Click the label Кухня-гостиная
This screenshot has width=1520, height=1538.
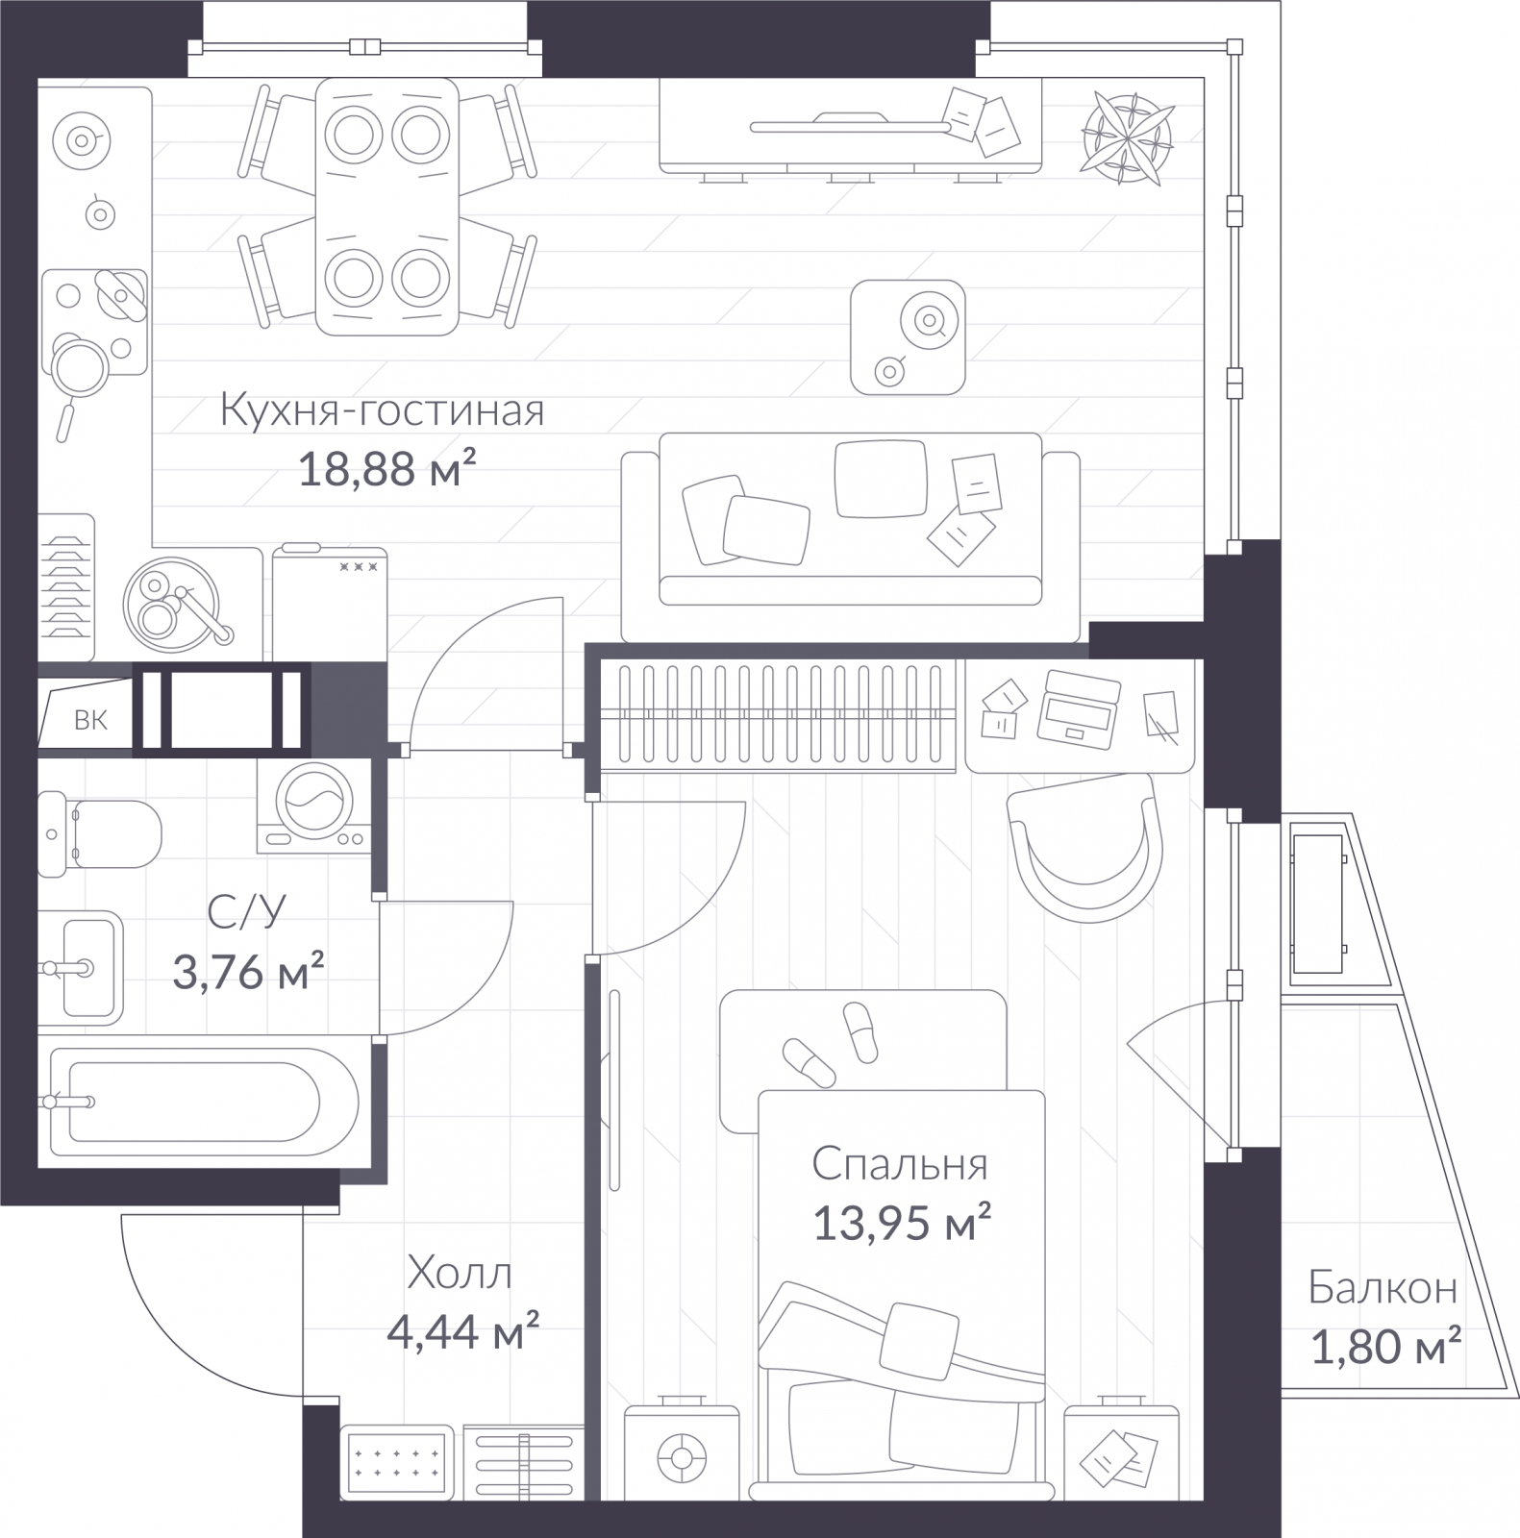coord(383,411)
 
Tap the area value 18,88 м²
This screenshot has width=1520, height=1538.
coord(388,470)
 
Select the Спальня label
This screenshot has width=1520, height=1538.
coord(900,1165)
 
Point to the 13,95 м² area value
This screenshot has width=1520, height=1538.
coord(903,1224)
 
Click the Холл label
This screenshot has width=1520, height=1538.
coord(460,1274)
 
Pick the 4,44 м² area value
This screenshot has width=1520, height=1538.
coord(462,1332)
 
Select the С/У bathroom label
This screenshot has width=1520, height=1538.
coord(247,912)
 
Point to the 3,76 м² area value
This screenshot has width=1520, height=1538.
coord(248,972)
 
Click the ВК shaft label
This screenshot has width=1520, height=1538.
coord(91,720)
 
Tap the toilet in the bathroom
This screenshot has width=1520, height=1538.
coord(99,834)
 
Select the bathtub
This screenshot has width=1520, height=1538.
coord(204,1101)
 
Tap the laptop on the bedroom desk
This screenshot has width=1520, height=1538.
coord(1080,709)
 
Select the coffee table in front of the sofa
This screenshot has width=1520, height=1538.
coord(908,336)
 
